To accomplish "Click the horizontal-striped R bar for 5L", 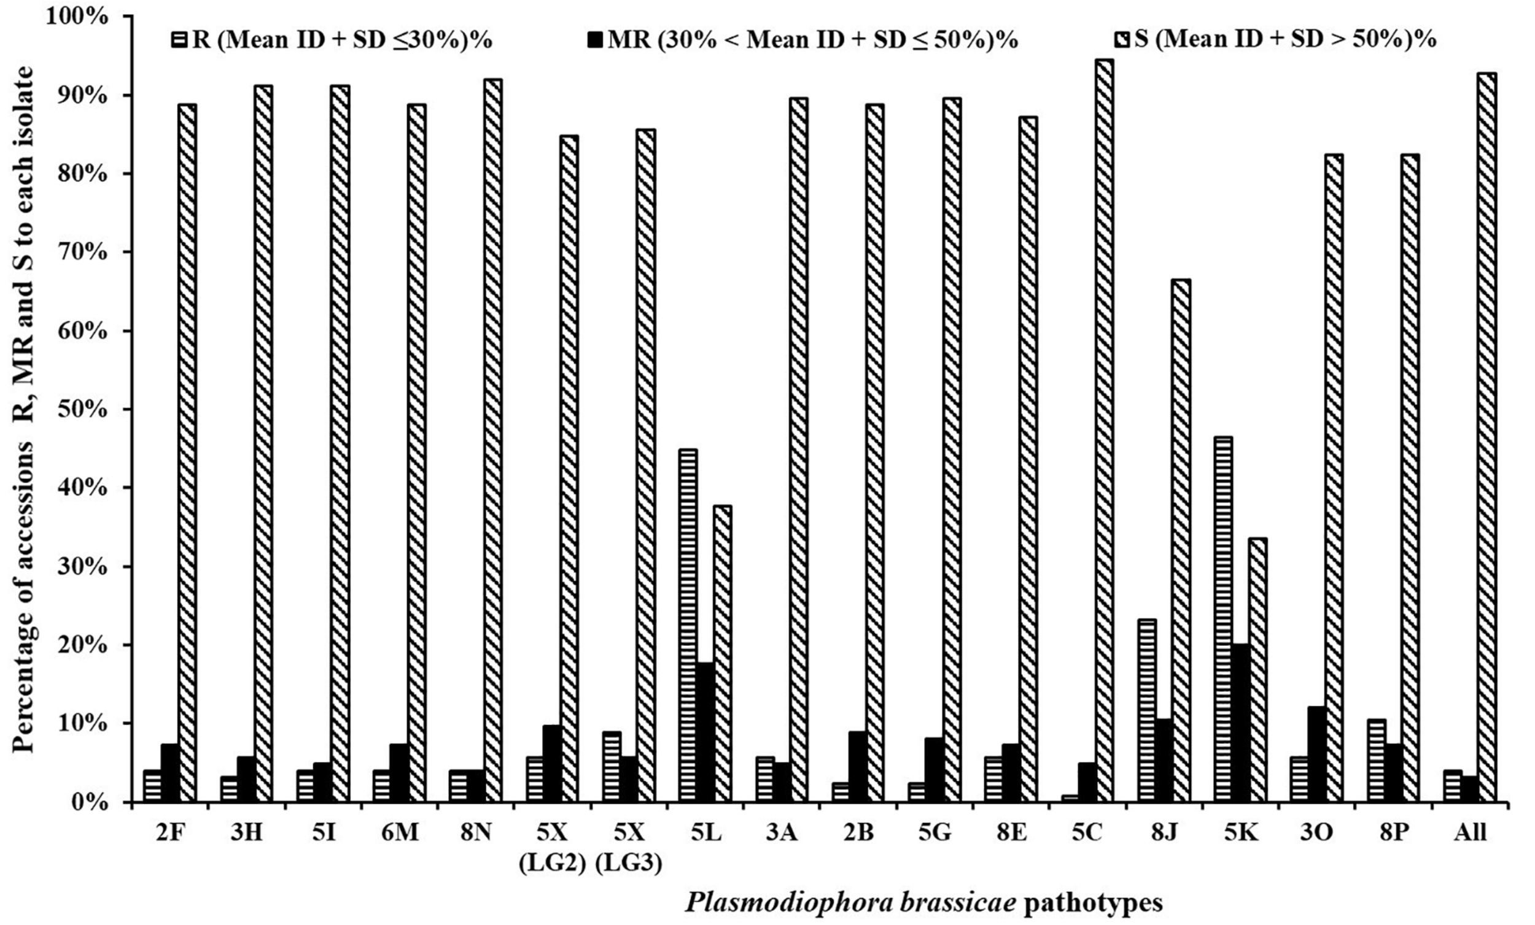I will [688, 625].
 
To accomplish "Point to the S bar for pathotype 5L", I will [722, 653].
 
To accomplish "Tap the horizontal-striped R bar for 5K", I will [1223, 619].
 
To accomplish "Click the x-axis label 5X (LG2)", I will [552, 848].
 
